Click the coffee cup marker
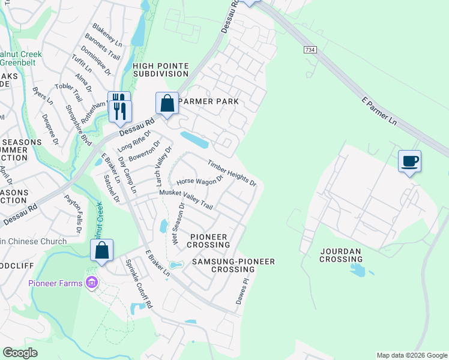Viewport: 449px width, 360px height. [409, 161]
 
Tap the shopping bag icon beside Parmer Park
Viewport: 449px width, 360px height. [167, 103]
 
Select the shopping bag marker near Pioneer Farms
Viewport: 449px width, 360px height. [101, 250]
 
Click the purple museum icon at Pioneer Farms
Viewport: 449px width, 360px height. [92, 282]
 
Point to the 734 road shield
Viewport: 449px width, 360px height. [310, 50]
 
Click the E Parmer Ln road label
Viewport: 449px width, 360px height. [380, 110]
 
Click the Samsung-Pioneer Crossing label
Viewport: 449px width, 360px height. [233, 266]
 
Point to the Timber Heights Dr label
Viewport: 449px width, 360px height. [232, 173]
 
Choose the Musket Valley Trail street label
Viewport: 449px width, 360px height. [186, 199]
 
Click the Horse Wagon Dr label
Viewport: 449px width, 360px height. [199, 176]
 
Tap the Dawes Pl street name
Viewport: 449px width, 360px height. [241, 290]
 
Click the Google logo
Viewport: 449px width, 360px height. [20, 353]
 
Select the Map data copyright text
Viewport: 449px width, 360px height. [411, 355]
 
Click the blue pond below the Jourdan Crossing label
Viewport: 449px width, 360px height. [358, 270]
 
